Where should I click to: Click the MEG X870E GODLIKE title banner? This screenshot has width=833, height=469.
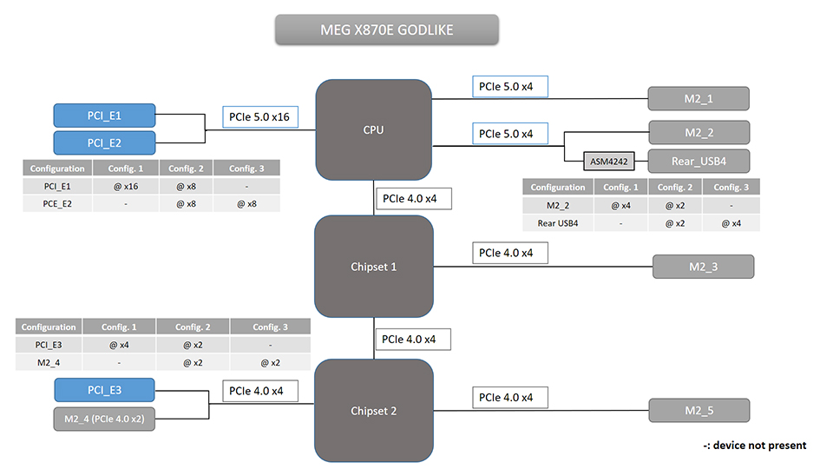pyautogui.click(x=387, y=30)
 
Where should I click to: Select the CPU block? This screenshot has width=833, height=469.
pyautogui.click(x=373, y=130)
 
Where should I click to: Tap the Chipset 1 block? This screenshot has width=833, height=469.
pyautogui.click(x=373, y=267)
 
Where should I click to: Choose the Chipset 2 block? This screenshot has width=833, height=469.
pyautogui.click(x=373, y=411)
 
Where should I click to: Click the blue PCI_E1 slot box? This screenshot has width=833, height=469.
pyautogui.click(x=104, y=116)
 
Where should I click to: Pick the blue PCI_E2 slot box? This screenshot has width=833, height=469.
pyautogui.click(x=104, y=142)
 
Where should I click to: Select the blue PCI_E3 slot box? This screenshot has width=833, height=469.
pyautogui.click(x=104, y=390)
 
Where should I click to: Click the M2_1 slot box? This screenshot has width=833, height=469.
pyautogui.click(x=698, y=98)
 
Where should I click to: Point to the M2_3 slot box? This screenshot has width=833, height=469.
pyautogui.click(x=703, y=267)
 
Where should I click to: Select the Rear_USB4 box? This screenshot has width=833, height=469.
pyautogui.click(x=698, y=161)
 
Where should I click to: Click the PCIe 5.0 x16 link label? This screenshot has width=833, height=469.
pyautogui.click(x=258, y=116)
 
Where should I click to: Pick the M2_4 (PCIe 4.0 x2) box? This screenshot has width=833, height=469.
pyautogui.click(x=104, y=419)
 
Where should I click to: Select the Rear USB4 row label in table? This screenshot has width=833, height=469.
pyautogui.click(x=558, y=223)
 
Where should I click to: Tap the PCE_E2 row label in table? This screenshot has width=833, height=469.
pyautogui.click(x=57, y=203)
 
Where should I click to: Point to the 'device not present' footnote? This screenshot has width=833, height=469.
pyautogui.click(x=754, y=446)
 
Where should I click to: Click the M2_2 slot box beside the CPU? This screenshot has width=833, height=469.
pyautogui.click(x=698, y=132)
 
